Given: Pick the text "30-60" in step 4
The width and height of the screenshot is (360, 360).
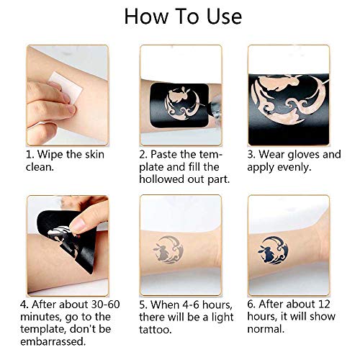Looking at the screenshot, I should (x=90, y=305).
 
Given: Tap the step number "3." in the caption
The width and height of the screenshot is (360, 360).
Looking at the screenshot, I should (x=254, y=155).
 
